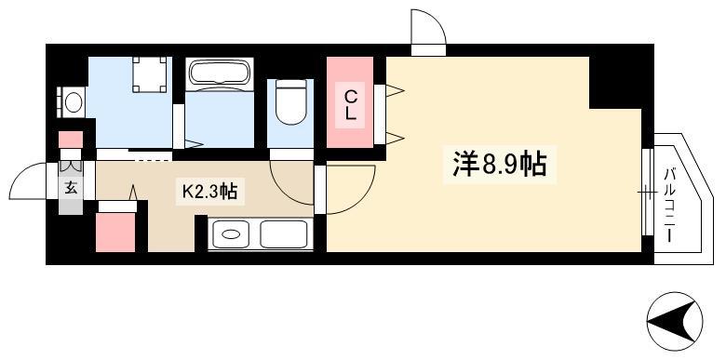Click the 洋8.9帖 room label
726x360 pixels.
click(500, 165)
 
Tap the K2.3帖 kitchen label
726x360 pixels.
click(209, 191)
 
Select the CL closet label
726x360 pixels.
click(352, 105)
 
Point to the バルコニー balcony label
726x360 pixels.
click(669, 205)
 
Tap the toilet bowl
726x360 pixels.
click(290, 102)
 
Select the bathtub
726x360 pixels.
click(220, 74)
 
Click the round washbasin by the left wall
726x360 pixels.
click(74, 102)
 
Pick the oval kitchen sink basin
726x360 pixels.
click(230, 234)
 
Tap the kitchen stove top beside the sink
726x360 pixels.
click(283, 234)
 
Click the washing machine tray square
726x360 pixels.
click(149, 74)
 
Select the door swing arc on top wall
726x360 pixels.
click(433, 20)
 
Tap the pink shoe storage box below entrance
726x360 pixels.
click(115, 233)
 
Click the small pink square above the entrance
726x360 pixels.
click(72, 140)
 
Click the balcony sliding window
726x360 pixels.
click(647, 192)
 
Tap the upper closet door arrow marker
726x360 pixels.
click(395, 90)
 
